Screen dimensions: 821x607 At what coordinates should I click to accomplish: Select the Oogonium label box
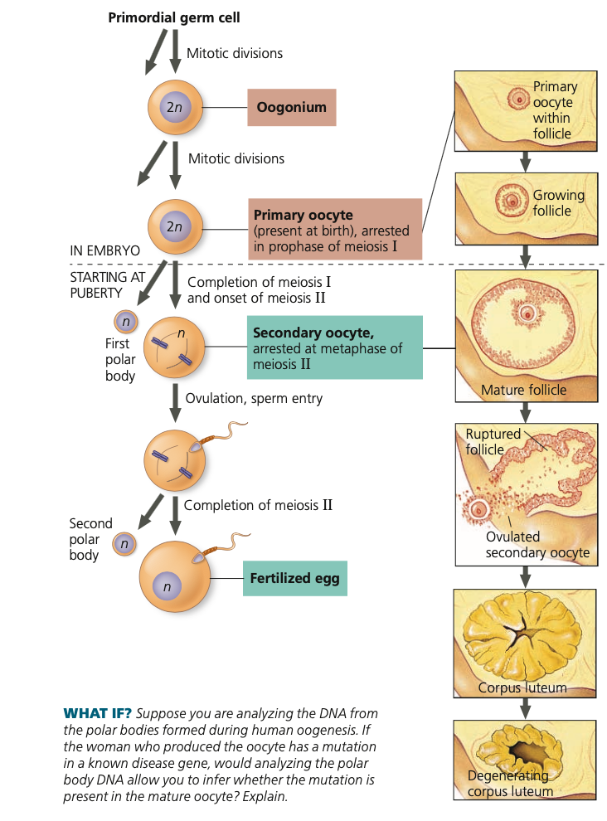click(291, 107)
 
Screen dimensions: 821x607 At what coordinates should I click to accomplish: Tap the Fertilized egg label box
click(294, 578)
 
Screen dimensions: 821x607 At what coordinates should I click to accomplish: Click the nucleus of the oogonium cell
click(174, 107)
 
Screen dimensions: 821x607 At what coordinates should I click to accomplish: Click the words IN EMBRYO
click(104, 250)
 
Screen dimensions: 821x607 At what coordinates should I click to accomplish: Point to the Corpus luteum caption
click(522, 687)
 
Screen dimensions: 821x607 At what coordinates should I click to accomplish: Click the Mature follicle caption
click(523, 390)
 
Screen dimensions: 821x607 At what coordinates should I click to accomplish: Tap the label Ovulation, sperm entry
click(254, 398)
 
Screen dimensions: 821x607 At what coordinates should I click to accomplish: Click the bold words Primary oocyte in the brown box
click(303, 215)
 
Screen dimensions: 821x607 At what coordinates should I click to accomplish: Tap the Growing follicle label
click(558, 203)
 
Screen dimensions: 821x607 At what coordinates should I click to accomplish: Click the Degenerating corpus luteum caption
click(509, 783)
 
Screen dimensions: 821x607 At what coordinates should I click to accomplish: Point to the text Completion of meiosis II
click(258, 504)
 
